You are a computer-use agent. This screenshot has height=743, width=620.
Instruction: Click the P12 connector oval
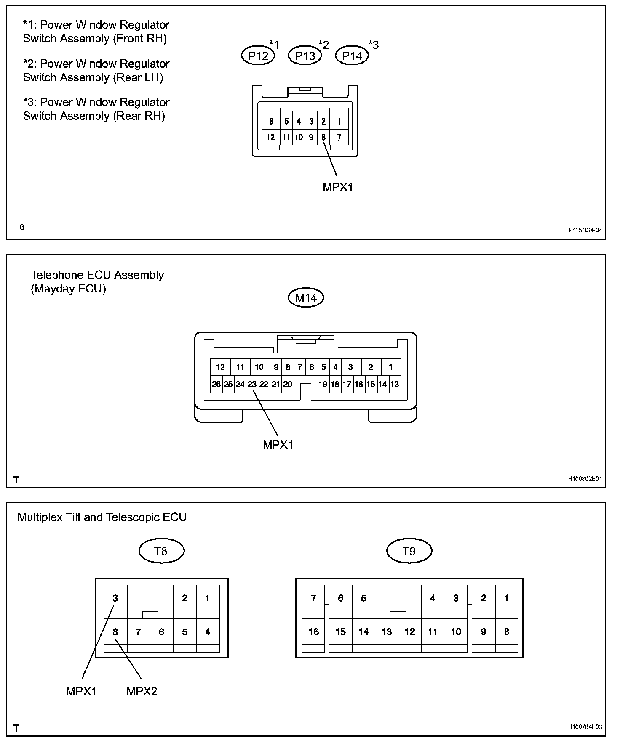point(258,56)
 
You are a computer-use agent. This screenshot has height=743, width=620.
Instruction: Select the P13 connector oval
point(305,56)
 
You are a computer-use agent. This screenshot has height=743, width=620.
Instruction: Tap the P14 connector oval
point(352,56)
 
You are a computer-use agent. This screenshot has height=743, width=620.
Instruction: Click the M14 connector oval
point(306,298)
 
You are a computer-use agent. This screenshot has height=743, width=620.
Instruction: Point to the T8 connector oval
point(161,551)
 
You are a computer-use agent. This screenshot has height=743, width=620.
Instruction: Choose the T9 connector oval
point(409,551)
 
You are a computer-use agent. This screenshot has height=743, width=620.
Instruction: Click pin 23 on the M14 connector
point(252,384)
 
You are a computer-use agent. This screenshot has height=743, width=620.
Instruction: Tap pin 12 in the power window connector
point(271,137)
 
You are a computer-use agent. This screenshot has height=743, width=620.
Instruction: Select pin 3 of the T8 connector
point(115,598)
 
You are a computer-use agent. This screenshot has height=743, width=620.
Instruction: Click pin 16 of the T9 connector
point(314,632)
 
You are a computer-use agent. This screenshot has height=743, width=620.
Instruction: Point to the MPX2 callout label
point(142,692)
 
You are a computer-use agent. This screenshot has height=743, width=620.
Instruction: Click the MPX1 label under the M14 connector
point(278,445)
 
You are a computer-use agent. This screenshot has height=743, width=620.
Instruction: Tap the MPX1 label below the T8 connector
point(81,692)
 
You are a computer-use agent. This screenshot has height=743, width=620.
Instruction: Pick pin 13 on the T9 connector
point(387,632)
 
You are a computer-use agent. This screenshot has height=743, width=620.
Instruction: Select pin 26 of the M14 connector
point(216,384)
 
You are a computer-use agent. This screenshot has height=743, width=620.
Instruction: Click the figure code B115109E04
point(585,231)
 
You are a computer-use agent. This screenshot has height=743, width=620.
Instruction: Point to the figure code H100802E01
point(585,479)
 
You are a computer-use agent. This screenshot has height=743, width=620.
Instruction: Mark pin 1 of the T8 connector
point(207,598)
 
